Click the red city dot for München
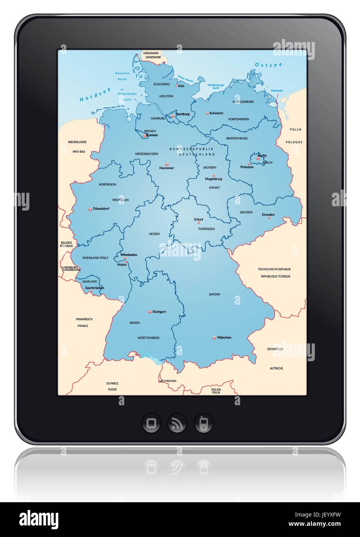[214, 338]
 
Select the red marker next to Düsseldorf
[90, 209]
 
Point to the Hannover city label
[166, 168]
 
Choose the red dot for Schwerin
[207, 113]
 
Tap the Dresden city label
[268, 214]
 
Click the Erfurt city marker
[199, 223]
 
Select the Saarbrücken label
[95, 288]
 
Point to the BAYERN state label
[215, 294]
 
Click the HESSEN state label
[154, 234]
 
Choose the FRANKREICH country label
[84, 319]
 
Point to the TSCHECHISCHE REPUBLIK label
[274, 269]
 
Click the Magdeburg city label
[214, 179]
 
